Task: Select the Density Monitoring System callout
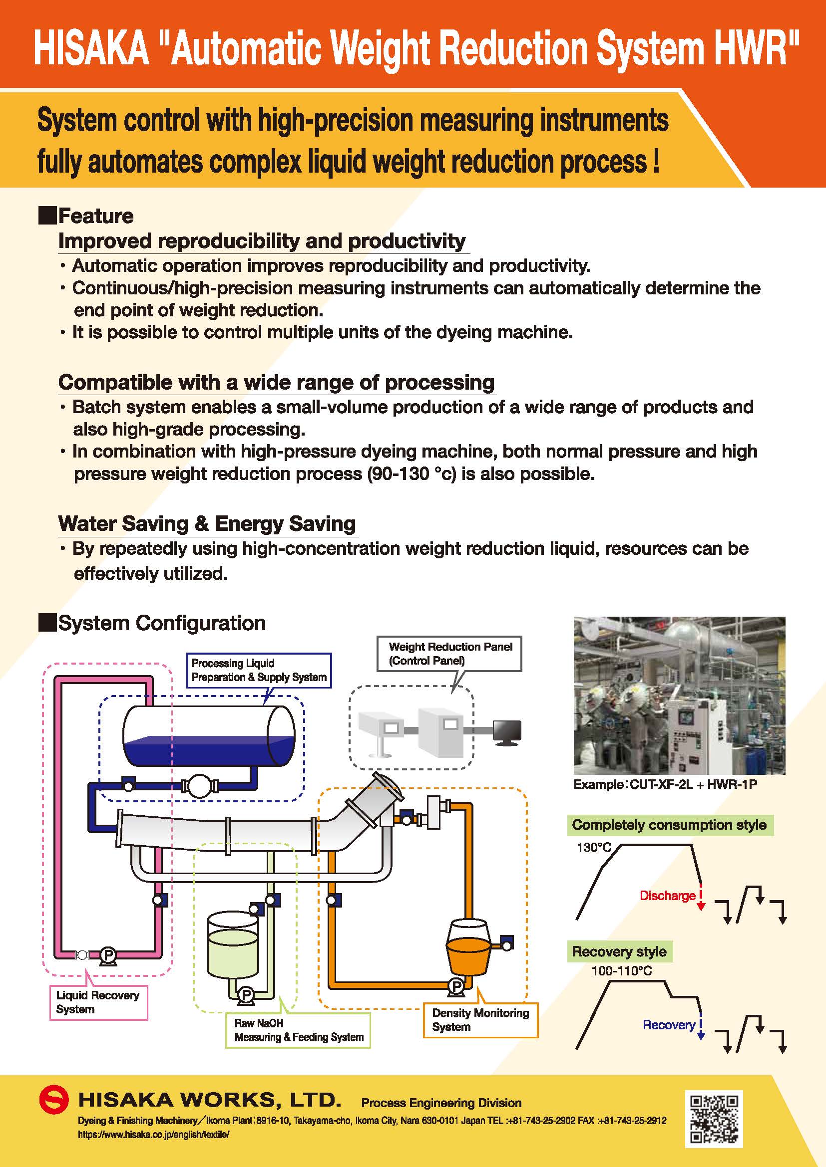click(480, 1020)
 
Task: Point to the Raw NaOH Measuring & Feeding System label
click(299, 1030)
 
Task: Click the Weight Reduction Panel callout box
click(450, 654)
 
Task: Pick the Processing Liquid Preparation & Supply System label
click(259, 670)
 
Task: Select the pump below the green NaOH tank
click(246, 995)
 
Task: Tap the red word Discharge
click(667, 896)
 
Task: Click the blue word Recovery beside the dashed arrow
click(668, 1025)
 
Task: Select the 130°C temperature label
click(594, 848)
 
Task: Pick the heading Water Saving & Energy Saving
click(207, 523)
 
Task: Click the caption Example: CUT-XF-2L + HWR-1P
click(665, 784)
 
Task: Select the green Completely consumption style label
click(669, 825)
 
